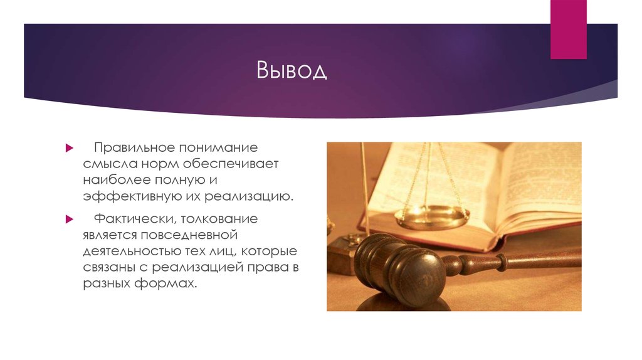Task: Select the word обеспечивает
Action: (x=234, y=165)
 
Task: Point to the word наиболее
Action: (x=117, y=181)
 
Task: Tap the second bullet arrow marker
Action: (x=69, y=220)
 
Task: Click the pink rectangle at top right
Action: (x=568, y=29)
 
